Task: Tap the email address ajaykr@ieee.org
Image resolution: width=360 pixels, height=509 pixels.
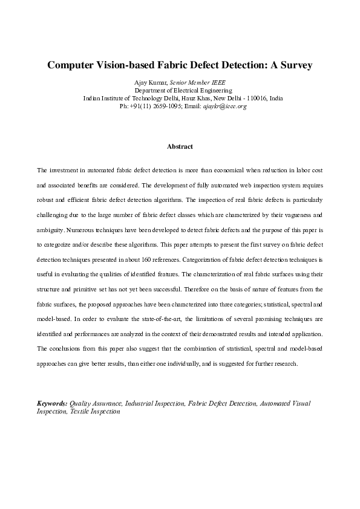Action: coord(224,106)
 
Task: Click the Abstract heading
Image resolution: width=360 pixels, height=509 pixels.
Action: coord(180,146)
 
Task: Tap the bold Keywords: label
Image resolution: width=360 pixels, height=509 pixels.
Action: coord(52,403)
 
